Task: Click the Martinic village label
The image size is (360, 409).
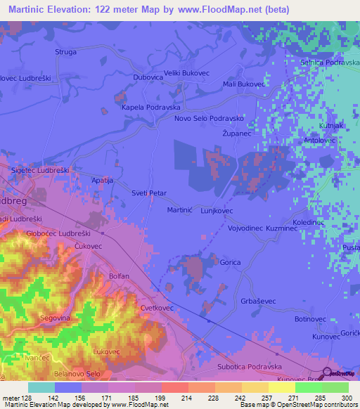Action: click(178, 210)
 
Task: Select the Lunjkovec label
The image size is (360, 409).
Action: click(217, 210)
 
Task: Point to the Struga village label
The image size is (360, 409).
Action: click(65, 52)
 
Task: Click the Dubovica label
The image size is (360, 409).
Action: click(148, 78)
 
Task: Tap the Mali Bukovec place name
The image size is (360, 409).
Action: click(243, 84)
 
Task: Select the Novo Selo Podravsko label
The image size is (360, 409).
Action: click(209, 119)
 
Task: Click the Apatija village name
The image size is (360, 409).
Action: click(103, 181)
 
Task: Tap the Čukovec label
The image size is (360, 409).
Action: click(89, 246)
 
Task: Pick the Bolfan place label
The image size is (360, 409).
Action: click(119, 276)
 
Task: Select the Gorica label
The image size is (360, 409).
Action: click(231, 262)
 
